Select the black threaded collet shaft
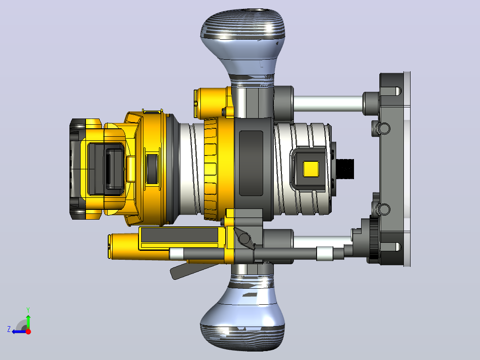[345, 169]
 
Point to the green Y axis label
[28, 310]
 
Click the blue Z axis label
[9, 329]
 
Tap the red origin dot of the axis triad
[28, 331]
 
